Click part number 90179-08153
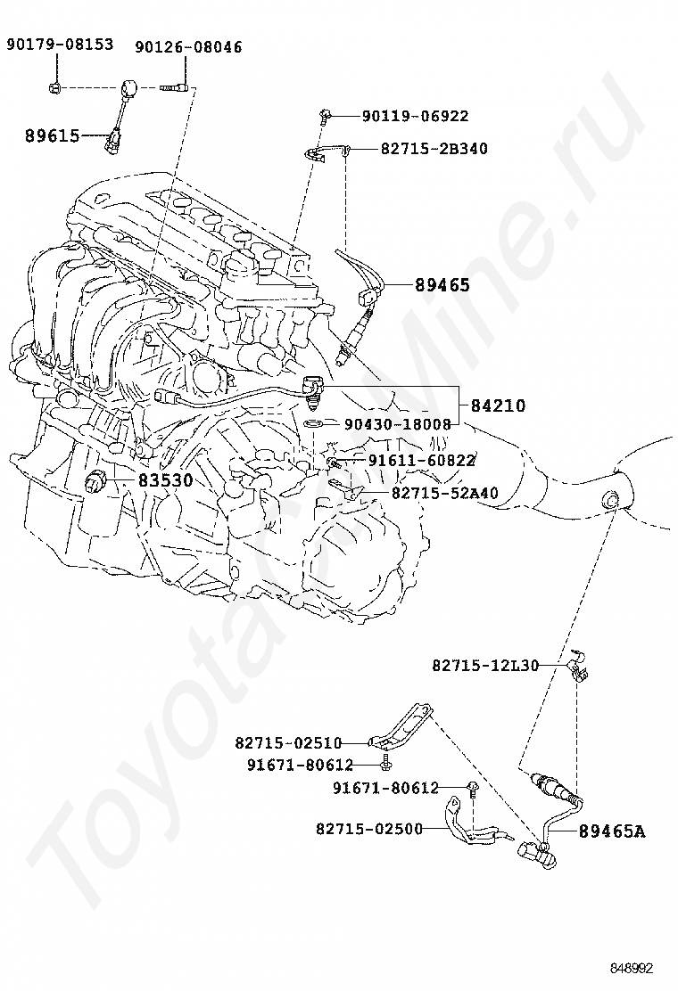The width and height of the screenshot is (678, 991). pyautogui.click(x=60, y=45)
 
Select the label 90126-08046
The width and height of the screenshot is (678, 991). pyautogui.click(x=188, y=46)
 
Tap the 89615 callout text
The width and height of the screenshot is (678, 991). pyautogui.click(x=53, y=135)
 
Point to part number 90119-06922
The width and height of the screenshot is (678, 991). pyautogui.click(x=416, y=116)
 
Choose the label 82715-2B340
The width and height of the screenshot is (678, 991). pyautogui.click(x=434, y=149)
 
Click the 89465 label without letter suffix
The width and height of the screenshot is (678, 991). pyautogui.click(x=442, y=285)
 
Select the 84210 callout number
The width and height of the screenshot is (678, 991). pyautogui.click(x=498, y=405)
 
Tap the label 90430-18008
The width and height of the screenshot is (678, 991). pyautogui.click(x=398, y=424)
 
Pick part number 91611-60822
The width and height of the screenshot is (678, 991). pyautogui.click(x=422, y=460)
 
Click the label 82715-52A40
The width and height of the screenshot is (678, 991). pyautogui.click(x=444, y=492)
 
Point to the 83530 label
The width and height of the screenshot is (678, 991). pyautogui.click(x=166, y=480)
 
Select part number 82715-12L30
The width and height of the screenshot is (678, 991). pyautogui.click(x=485, y=665)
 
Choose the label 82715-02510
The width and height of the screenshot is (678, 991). pyautogui.click(x=288, y=742)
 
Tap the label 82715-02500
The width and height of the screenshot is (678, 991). pyautogui.click(x=369, y=828)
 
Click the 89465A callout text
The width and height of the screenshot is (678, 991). pyautogui.click(x=612, y=831)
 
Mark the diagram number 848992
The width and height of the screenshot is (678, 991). pyautogui.click(x=632, y=968)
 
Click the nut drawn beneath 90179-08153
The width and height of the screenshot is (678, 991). pyautogui.click(x=55, y=88)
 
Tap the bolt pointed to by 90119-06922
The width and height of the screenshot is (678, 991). pyautogui.click(x=325, y=116)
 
